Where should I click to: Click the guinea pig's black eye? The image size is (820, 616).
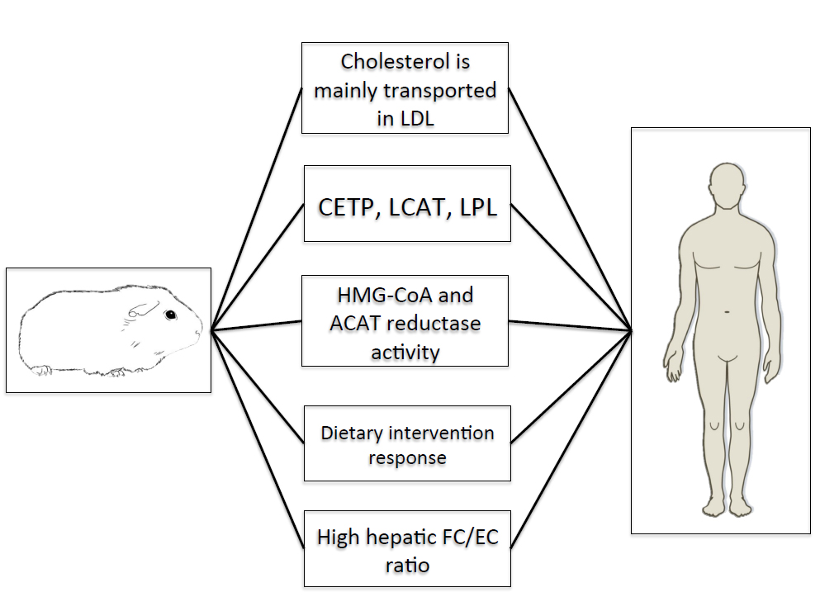pyautogui.click(x=169, y=315)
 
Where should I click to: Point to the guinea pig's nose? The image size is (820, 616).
pyautogui.click(x=198, y=332)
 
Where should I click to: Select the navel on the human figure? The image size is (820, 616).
pyautogui.click(x=727, y=311)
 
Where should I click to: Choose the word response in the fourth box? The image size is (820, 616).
pyautogui.click(x=407, y=457)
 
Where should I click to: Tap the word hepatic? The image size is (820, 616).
pyautogui.click(x=397, y=538)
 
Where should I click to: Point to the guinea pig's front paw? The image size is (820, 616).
pyautogui.click(x=116, y=372)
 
